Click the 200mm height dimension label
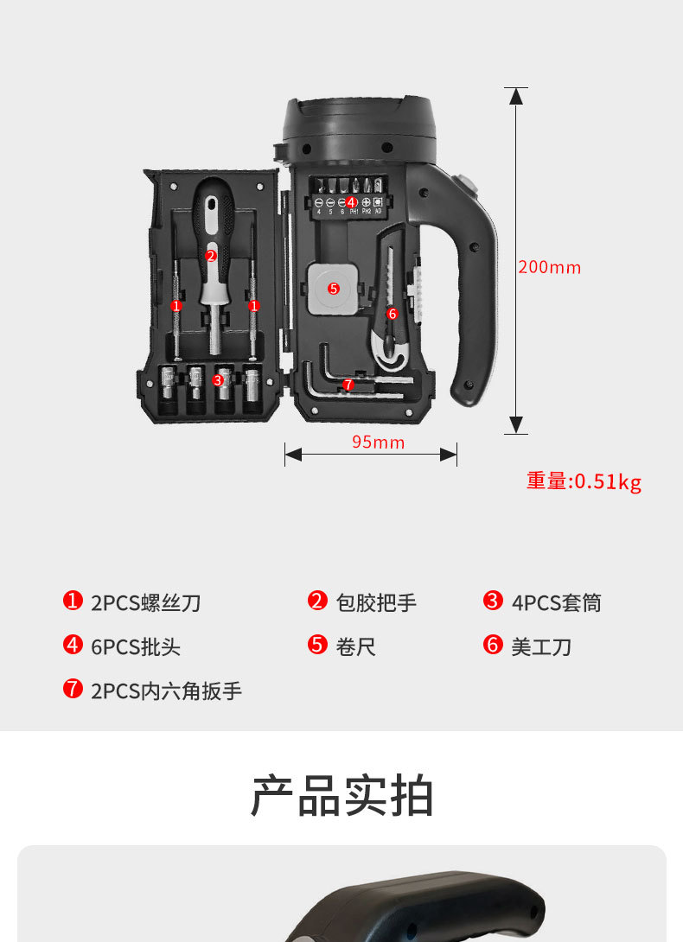550,267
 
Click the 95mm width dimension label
378,442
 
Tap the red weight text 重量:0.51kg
584,481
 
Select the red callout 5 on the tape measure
334,288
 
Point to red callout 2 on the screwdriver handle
211,255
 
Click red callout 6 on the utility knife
392,314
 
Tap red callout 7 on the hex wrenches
348,385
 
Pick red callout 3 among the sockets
218,379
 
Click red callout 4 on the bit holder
351,201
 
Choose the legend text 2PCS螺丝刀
145,602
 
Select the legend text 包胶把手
376,602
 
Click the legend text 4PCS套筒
556,602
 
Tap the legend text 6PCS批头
136,646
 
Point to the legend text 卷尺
356,646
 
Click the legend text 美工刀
541,646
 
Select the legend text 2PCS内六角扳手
166,691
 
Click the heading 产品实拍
342,796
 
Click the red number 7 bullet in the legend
73,689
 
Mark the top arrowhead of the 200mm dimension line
516,96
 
